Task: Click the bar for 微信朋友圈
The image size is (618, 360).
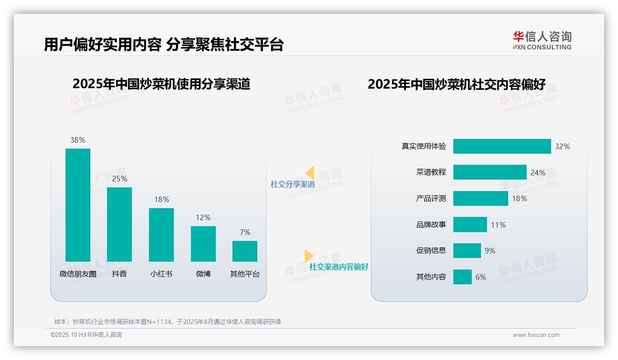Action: [77, 205]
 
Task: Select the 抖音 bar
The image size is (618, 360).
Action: [119, 224]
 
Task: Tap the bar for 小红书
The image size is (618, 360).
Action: [161, 234]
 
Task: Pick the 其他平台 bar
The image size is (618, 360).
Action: [245, 251]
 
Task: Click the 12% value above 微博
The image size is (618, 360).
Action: [203, 217]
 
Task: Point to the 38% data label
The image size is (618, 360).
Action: [77, 140]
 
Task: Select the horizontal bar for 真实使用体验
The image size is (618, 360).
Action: [502, 146]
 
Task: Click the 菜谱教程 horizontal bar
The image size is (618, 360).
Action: [490, 172]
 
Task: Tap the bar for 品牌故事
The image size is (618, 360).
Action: [470, 225]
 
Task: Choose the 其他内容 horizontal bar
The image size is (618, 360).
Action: [463, 277]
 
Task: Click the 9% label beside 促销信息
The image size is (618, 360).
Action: [490, 251]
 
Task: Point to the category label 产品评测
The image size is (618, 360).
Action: [431, 198]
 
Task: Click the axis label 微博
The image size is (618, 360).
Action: [203, 274]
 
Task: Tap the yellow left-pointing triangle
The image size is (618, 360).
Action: [310, 173]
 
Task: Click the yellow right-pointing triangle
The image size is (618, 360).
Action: [309, 256]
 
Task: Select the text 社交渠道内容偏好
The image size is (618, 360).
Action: [339, 267]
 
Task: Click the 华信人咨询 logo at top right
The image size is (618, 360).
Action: [542, 40]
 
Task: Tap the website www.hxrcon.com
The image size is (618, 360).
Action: [535, 335]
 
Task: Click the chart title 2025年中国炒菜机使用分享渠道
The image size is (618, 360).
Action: [161, 84]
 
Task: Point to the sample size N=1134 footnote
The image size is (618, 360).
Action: [167, 322]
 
